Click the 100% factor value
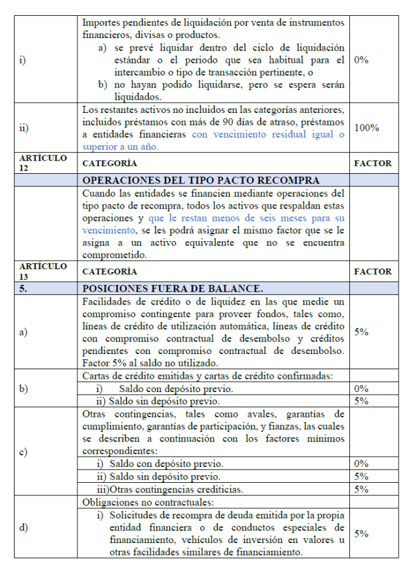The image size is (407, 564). [x=366, y=128]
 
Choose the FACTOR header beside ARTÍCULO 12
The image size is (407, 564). [x=372, y=163]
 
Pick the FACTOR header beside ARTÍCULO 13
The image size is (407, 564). [x=372, y=272]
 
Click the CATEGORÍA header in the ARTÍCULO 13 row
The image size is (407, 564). [x=110, y=272]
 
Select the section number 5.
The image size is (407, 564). [x=27, y=287]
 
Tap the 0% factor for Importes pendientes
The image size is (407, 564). [x=361, y=60]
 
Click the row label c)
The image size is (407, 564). [x=25, y=452]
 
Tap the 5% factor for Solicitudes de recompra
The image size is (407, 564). [x=361, y=534]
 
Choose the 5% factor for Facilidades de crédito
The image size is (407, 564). [x=361, y=332]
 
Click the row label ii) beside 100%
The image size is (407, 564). [x=25, y=128]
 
